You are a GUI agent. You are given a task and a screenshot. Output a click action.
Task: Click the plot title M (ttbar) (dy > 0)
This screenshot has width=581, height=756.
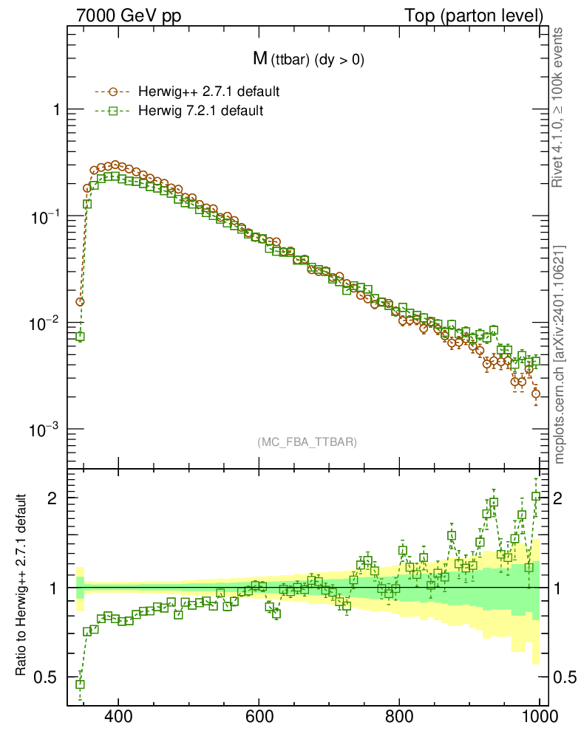click(x=307, y=61)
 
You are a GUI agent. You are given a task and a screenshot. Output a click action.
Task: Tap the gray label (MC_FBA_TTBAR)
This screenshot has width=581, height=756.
click(x=307, y=442)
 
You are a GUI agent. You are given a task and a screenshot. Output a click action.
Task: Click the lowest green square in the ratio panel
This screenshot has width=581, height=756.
click(x=80, y=684)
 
